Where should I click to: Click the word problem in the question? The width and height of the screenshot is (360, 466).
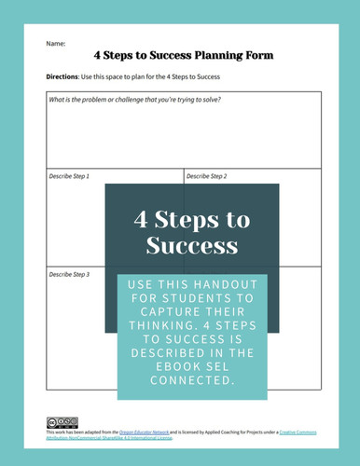pos(97,100)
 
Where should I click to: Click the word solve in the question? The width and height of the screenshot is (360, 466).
pos(238,100)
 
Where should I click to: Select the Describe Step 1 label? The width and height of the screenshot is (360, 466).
pos(70,175)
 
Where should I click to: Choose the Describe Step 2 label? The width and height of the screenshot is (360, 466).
pos(207,175)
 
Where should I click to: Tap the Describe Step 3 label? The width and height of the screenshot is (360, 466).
pos(70,275)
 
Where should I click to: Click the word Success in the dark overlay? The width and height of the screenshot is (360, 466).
pos(192,247)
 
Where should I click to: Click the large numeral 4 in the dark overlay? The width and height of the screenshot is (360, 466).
pos(141,221)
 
